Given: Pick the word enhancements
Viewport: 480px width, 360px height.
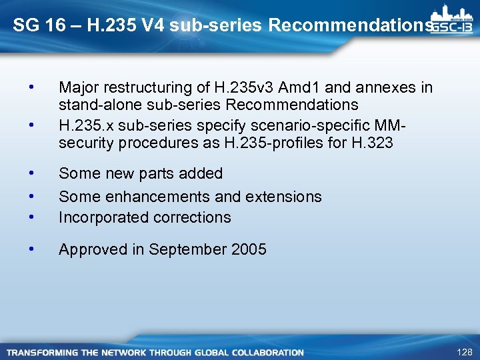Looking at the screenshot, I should click(153, 197).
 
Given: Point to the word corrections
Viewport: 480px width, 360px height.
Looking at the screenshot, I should click(193, 217).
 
